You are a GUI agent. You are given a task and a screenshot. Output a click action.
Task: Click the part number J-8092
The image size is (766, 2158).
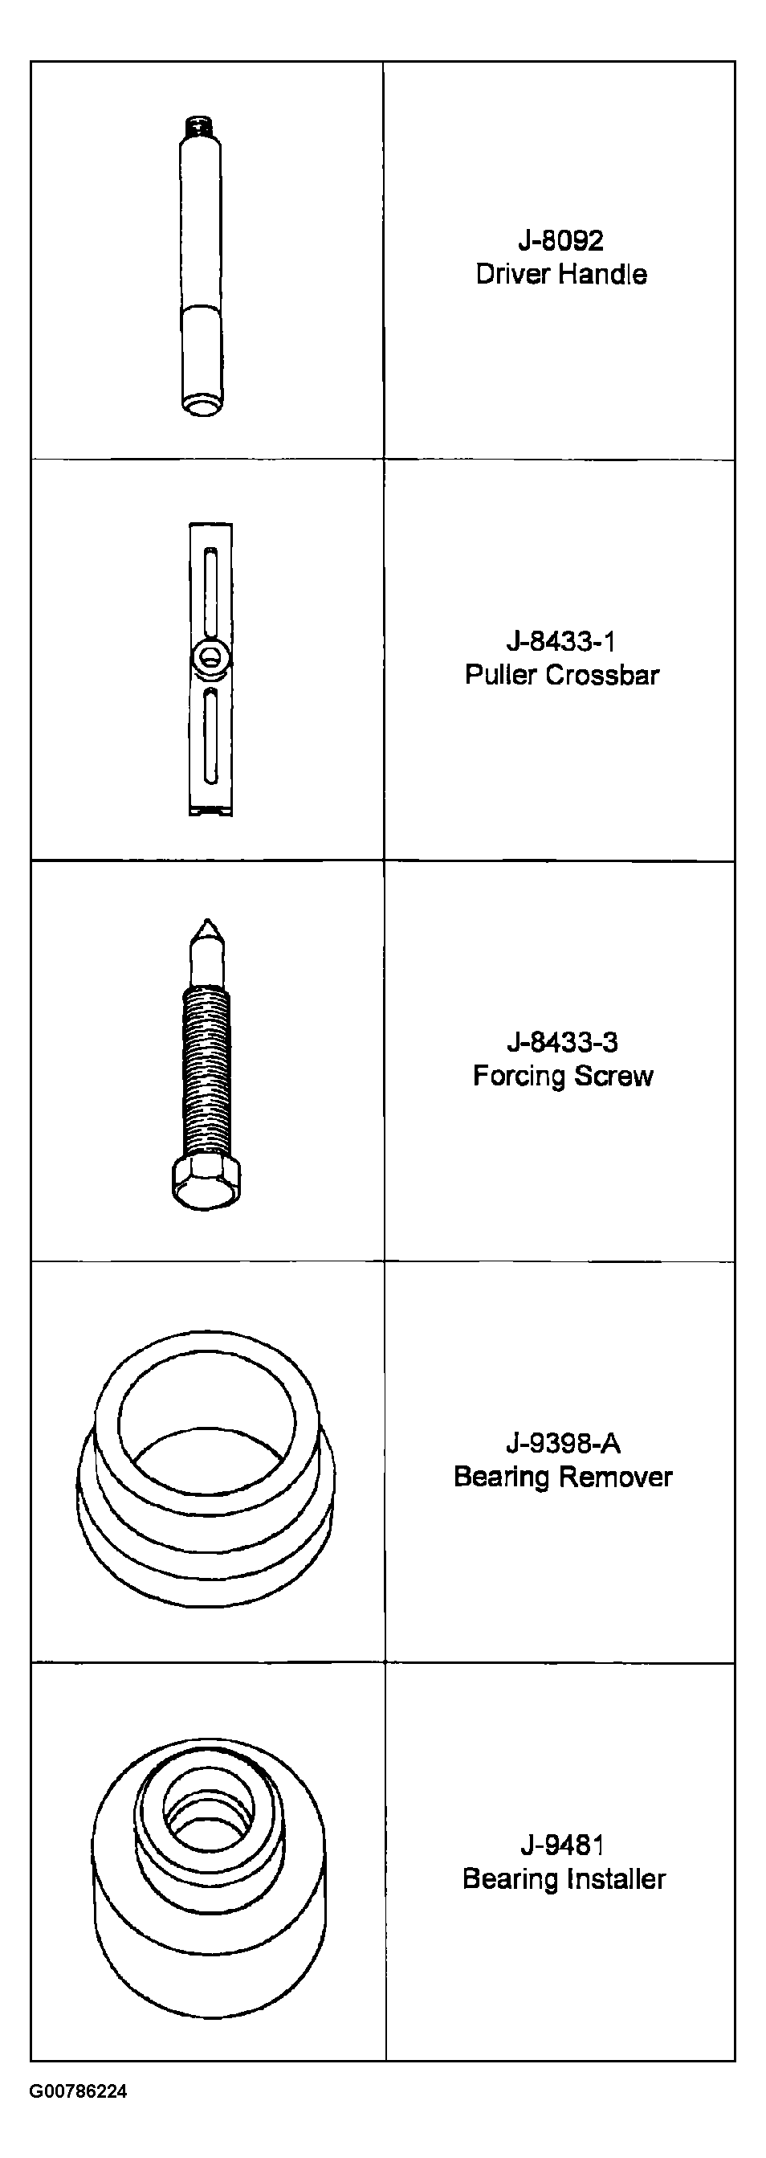tap(560, 240)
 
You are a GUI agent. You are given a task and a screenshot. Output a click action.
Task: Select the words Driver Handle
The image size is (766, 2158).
tap(561, 274)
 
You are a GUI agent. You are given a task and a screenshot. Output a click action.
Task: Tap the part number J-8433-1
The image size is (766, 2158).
tap(561, 642)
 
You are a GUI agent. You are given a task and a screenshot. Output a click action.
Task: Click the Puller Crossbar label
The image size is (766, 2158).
tap(562, 674)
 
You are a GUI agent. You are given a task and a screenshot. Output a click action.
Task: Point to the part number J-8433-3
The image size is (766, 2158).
tap(562, 1042)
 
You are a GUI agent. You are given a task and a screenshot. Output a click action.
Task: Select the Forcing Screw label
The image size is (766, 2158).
tap(563, 1076)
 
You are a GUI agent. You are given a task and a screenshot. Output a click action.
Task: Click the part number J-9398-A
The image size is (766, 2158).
tap(563, 1443)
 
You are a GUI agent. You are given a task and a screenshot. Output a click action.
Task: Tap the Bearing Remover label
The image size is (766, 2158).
tap(563, 1476)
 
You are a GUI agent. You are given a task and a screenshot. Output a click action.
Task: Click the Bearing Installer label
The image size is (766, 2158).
tap(564, 1878)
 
